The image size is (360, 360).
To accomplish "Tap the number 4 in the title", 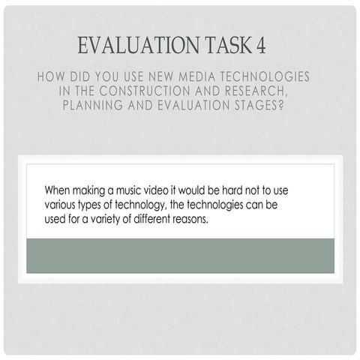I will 260,45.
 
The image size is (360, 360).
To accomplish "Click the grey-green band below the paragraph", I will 180,257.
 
